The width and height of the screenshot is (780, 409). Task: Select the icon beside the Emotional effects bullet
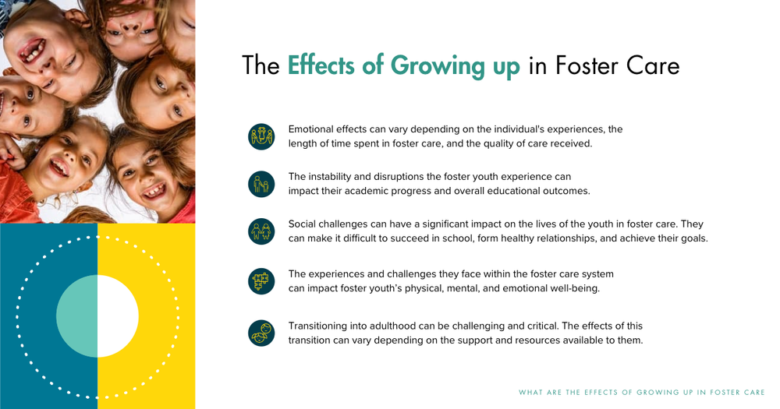point(261,136)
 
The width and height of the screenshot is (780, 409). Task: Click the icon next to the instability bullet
point(261,184)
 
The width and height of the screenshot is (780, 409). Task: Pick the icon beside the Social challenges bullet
point(261,231)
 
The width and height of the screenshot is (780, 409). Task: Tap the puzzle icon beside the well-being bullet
point(261,281)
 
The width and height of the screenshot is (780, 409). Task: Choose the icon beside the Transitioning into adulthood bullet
point(261,333)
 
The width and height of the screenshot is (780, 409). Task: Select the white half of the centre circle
point(118,316)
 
